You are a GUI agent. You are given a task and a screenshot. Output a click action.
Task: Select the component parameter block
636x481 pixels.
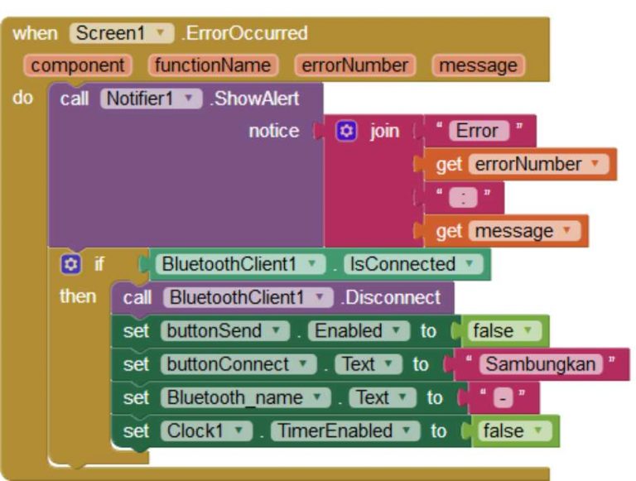(x=79, y=65)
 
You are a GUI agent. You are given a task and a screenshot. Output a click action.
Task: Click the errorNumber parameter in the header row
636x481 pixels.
(x=354, y=65)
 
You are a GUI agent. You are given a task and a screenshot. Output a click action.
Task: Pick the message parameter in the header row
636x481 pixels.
(x=478, y=65)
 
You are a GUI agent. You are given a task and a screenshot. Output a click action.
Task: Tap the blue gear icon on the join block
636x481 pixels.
(x=346, y=131)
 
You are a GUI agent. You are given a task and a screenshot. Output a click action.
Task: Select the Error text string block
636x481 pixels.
(x=479, y=131)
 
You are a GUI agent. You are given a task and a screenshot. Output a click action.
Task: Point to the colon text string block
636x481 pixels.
(x=463, y=198)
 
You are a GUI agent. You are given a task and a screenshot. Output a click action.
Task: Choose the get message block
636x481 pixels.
(x=507, y=231)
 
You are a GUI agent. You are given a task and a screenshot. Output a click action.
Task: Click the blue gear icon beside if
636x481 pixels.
(x=70, y=264)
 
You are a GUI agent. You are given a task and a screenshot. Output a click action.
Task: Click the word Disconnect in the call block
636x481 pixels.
(x=392, y=297)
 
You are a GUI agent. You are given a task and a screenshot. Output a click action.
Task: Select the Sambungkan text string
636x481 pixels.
(x=542, y=364)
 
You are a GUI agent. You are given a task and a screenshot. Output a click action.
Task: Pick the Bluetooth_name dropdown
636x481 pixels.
(x=244, y=397)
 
